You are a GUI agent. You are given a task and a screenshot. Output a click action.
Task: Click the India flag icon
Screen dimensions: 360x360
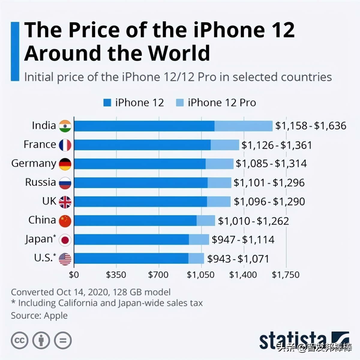click(65, 126)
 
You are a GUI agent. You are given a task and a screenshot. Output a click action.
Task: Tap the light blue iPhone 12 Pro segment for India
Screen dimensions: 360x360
click(243, 126)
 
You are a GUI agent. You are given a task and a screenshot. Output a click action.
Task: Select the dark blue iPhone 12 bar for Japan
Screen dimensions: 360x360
click(131, 240)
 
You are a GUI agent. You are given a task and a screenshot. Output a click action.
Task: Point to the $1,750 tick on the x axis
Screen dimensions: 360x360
click(286, 275)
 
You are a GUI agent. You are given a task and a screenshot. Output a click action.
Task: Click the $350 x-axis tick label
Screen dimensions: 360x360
click(116, 275)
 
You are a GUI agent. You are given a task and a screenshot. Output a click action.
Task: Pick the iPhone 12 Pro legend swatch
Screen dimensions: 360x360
click(180, 103)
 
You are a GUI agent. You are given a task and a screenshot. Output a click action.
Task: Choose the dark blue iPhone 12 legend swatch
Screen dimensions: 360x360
click(107, 103)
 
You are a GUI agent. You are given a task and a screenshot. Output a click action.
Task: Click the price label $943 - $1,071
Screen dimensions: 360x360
click(238, 259)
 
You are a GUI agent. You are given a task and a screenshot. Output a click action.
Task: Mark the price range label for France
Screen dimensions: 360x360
click(277, 145)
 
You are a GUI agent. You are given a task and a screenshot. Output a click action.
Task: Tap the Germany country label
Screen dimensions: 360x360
click(34, 163)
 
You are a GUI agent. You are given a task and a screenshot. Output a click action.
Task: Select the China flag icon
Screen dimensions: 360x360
click(65, 221)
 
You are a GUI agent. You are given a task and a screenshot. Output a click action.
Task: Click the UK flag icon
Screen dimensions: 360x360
click(65, 202)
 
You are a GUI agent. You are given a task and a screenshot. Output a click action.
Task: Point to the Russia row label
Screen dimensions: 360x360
click(40, 182)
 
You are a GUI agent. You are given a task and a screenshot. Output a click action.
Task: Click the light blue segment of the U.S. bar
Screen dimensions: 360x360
click(196, 259)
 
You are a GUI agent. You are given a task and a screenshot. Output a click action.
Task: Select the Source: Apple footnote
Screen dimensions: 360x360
click(39, 316)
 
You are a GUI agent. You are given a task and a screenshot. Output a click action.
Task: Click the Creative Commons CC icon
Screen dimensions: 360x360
click(19, 340)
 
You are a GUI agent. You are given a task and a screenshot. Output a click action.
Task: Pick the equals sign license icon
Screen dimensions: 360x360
click(63, 340)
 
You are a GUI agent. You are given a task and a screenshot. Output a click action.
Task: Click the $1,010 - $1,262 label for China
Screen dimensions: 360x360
click(253, 221)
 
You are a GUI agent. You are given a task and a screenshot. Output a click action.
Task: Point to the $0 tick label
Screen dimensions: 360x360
click(74, 275)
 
